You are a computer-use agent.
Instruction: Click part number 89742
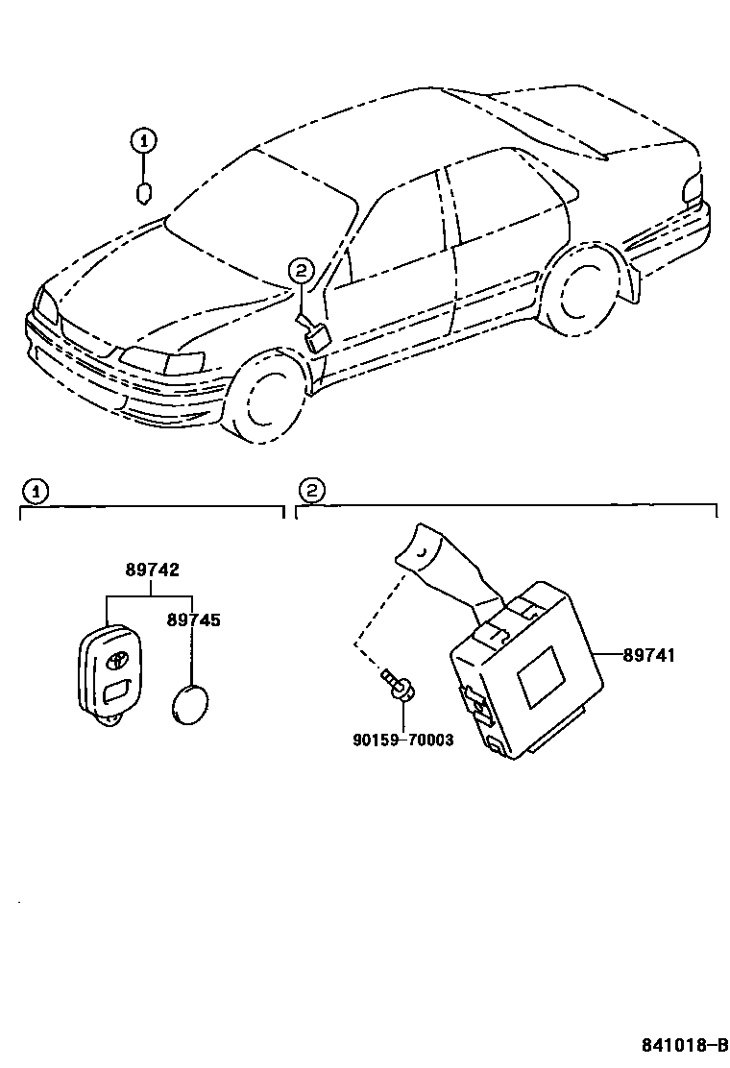tap(151, 570)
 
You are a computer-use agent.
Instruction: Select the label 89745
tap(193, 620)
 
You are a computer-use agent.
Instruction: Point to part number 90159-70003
tap(402, 740)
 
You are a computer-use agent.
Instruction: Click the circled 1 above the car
tap(142, 141)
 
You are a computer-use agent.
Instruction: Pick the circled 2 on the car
tap(301, 271)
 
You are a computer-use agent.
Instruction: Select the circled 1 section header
tap(34, 491)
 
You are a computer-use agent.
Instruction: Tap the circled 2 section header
tap(309, 491)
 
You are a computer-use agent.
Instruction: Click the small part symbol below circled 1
tap(142, 192)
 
